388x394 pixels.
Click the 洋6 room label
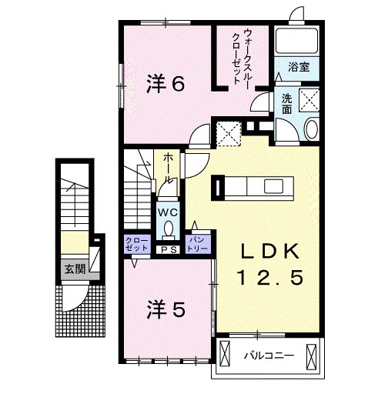[x=166, y=84]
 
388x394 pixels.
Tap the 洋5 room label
[x=166, y=309]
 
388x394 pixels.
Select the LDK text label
[x=270, y=251]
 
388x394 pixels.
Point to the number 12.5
[x=271, y=277]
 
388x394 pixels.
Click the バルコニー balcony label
[x=269, y=356]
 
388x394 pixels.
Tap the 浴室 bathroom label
[x=299, y=67]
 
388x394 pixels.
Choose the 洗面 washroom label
[x=287, y=104]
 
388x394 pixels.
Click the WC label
[x=168, y=212]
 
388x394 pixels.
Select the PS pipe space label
[x=169, y=249]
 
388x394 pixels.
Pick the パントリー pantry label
[x=198, y=245]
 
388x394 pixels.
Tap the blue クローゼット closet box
[x=137, y=245]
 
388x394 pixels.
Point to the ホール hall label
[x=168, y=168]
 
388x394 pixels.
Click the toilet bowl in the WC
[x=169, y=229]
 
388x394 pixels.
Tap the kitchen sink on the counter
[x=274, y=186]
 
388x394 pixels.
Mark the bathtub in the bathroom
[x=296, y=41]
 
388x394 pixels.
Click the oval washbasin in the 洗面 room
[x=312, y=130]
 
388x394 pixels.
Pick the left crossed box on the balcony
[x=225, y=356]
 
